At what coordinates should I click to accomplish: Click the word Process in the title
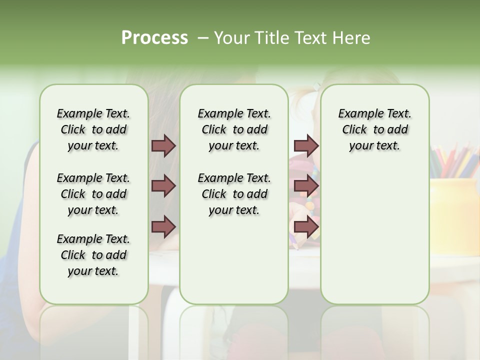(154, 38)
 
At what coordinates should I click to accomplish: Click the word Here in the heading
(352, 38)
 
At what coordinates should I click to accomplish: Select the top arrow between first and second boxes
(163, 146)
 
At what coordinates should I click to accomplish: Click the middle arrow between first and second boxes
(163, 186)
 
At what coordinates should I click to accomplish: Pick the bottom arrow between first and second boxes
(163, 226)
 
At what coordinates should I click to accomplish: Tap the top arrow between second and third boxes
(306, 146)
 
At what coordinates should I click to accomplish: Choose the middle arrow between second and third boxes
(306, 186)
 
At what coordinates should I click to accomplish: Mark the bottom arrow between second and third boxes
(306, 227)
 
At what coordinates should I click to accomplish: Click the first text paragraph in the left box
(93, 129)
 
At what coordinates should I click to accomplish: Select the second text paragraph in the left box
(93, 194)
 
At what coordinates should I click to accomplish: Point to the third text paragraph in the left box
(93, 255)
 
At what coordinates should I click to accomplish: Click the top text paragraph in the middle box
(234, 129)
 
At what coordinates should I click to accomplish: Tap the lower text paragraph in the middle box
(234, 194)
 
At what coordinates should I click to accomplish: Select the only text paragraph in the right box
(375, 129)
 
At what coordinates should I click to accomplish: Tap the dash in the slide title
(202, 38)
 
